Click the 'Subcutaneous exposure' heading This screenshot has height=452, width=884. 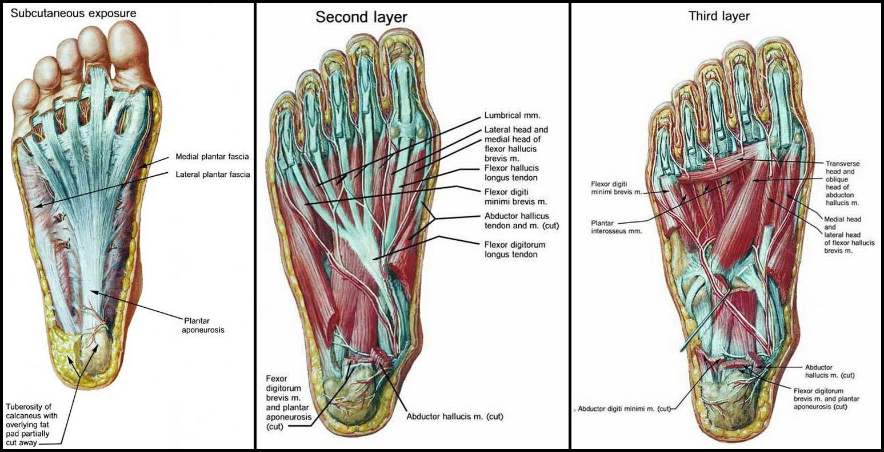point(73,13)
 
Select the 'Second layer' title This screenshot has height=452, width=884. point(361,17)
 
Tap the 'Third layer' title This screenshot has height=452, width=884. point(719,16)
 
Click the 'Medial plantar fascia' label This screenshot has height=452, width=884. point(213,157)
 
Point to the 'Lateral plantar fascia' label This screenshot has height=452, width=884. point(213,175)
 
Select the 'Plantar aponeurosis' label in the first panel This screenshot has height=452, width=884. point(203,325)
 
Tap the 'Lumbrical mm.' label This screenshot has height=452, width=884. point(512,116)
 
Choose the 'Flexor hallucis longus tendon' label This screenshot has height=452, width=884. point(511,173)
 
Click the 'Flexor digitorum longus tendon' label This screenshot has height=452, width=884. point(515,249)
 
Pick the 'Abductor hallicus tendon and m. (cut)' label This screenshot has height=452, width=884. point(522,221)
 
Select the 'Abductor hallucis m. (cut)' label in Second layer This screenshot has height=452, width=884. point(455,417)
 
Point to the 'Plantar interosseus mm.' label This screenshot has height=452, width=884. point(617,227)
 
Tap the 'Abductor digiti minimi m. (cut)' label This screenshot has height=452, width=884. point(625,409)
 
